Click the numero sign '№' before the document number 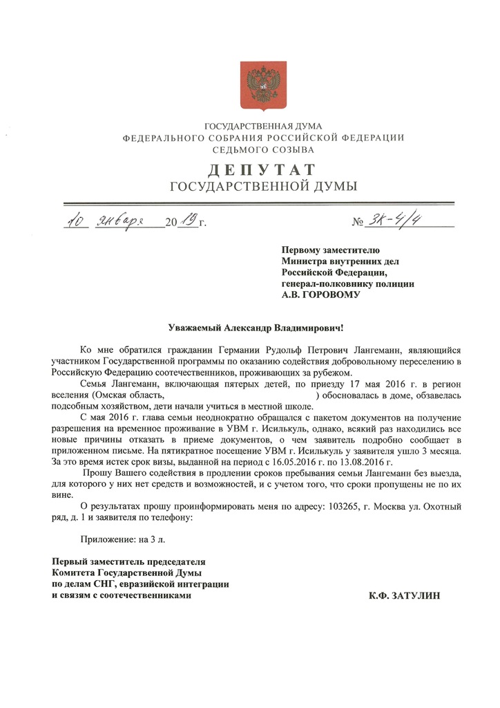(x=358, y=223)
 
